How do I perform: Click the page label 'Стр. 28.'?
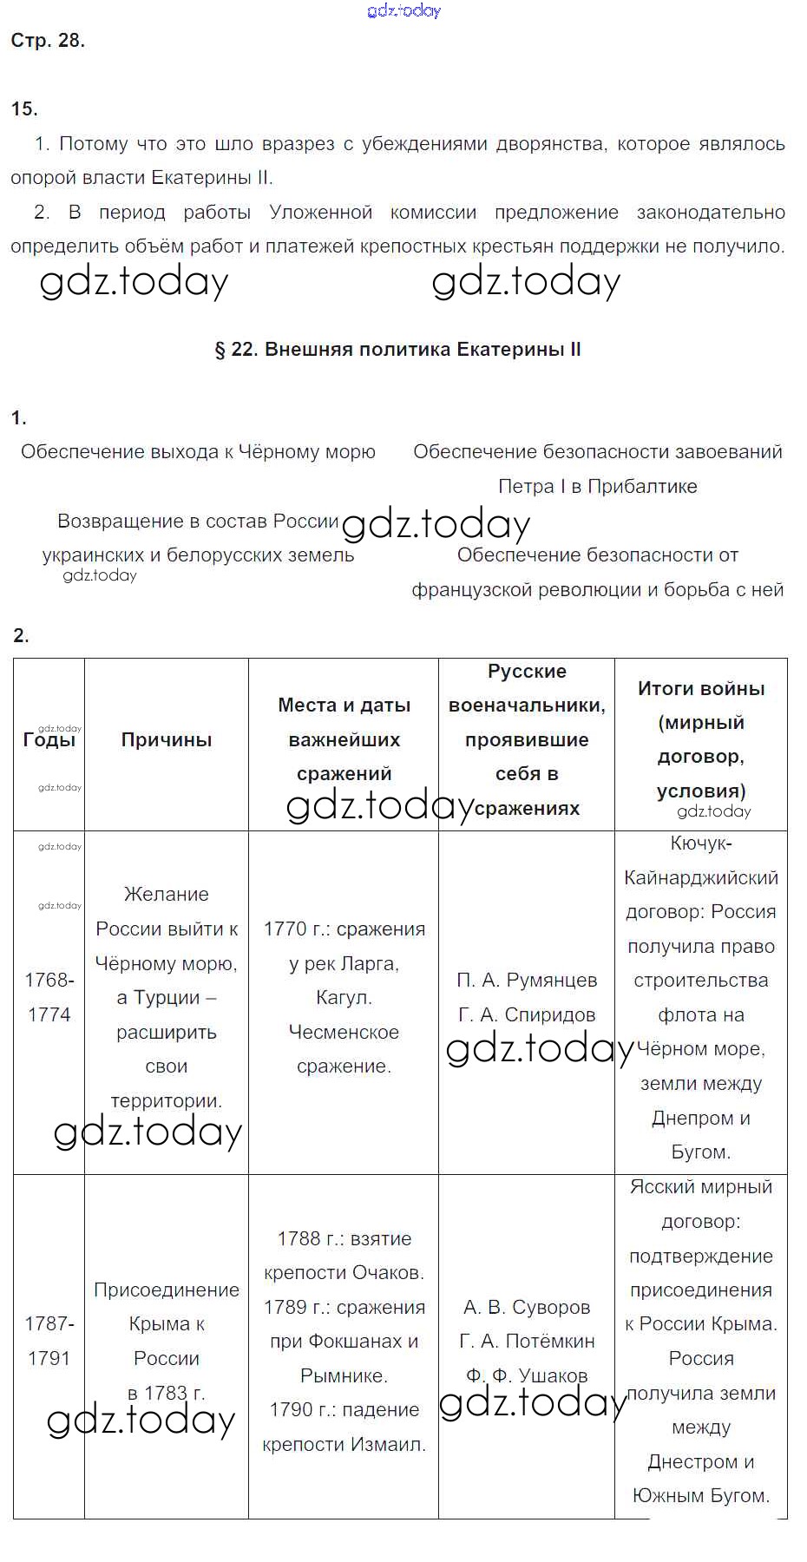coord(48,41)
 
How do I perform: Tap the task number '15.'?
coord(24,108)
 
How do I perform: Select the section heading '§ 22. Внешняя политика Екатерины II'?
coord(397,350)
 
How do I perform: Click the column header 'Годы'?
coord(49,740)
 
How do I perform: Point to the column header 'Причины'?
coord(167,740)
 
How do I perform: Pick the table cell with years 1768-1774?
coord(49,997)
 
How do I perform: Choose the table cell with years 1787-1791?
coord(49,1341)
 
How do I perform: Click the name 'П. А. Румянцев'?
coord(527,981)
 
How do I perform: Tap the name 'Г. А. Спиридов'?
coord(527,1014)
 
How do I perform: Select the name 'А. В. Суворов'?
coord(527,1307)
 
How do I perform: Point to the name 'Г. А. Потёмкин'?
coord(527,1341)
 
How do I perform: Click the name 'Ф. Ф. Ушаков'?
coord(527,1375)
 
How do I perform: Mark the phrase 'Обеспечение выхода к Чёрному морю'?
coord(198,452)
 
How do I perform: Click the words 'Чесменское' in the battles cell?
coord(344,1032)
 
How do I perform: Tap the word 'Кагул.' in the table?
coord(344,998)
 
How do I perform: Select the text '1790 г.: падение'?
coord(344,1409)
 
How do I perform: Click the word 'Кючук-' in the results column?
coord(701,843)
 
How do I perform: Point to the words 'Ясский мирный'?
coord(701,1187)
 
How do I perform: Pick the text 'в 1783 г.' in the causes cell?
coord(167,1393)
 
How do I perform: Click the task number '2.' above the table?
coord(22,636)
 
